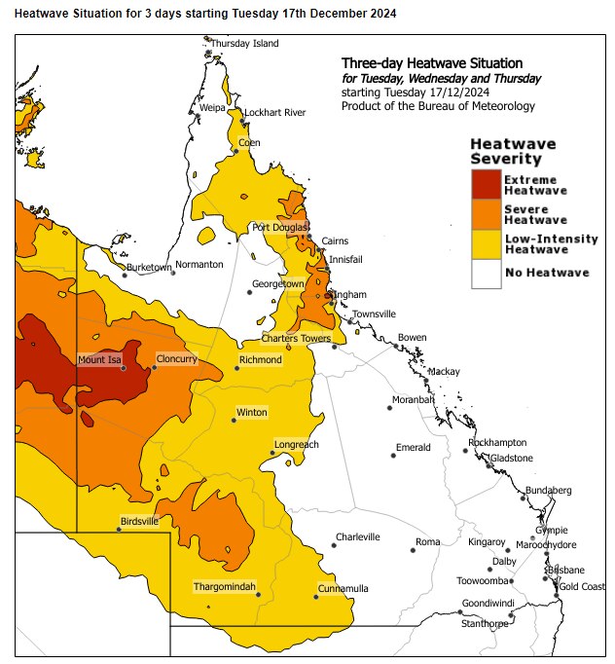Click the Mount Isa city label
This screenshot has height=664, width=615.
99,360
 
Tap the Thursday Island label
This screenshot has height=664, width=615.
244,44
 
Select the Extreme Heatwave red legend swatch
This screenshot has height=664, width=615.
485,184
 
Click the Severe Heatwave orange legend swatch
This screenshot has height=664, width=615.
485,213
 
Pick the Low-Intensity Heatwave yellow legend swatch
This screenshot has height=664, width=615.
485,243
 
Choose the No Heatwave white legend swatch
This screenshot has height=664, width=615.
485,273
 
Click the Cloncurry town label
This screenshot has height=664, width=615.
176,359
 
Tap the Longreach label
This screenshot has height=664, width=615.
296,444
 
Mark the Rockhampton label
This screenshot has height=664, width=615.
497,442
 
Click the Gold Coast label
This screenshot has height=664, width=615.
582,586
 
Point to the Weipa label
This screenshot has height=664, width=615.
213,107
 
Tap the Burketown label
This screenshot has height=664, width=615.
148,266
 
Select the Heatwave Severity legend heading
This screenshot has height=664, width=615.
506,151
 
